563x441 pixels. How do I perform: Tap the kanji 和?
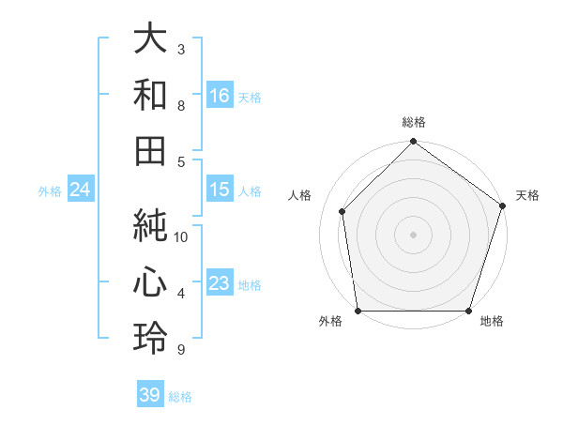click(151, 96)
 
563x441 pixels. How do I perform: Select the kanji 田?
click(151, 151)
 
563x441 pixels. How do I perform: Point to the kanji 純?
click(151, 223)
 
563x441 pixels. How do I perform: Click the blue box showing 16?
click(220, 95)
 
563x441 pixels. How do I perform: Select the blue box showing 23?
click(220, 284)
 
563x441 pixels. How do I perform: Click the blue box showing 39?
click(150, 395)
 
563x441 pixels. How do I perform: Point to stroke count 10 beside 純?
click(181, 236)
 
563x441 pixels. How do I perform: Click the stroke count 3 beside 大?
click(181, 48)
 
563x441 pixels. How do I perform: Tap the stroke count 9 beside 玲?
click(181, 350)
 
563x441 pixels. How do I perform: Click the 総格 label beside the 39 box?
click(180, 397)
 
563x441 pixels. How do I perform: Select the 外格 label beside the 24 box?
click(50, 191)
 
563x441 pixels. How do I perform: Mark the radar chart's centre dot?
click(413, 234)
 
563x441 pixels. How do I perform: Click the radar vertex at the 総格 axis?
click(413, 143)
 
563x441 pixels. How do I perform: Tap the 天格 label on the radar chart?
click(528, 195)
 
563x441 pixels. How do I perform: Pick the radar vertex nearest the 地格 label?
click(468, 311)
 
